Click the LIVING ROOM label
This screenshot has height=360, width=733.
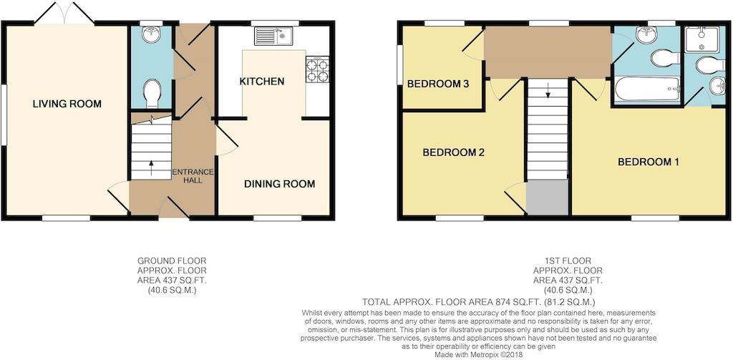pos(67,104)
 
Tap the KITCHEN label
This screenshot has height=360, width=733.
pos(262,82)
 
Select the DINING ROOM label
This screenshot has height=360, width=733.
pos(280,184)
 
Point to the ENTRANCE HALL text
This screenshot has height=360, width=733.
pos(193,176)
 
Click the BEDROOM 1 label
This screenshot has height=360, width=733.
pos(649,162)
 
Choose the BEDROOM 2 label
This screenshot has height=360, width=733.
pos(453,152)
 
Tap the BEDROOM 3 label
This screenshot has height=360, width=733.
pos(438,84)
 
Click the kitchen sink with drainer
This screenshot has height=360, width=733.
pos(273,36)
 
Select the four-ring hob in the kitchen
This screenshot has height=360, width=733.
pos(317,69)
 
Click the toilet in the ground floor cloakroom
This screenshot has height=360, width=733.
pos(152,93)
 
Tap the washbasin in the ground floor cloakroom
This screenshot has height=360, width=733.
pos(152,34)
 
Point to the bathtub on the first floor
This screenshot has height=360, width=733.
pos(646,89)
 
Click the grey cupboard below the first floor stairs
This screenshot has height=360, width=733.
pos(547,198)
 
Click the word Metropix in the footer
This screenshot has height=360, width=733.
pos(481,355)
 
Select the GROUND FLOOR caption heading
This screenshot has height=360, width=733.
pos(172,261)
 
